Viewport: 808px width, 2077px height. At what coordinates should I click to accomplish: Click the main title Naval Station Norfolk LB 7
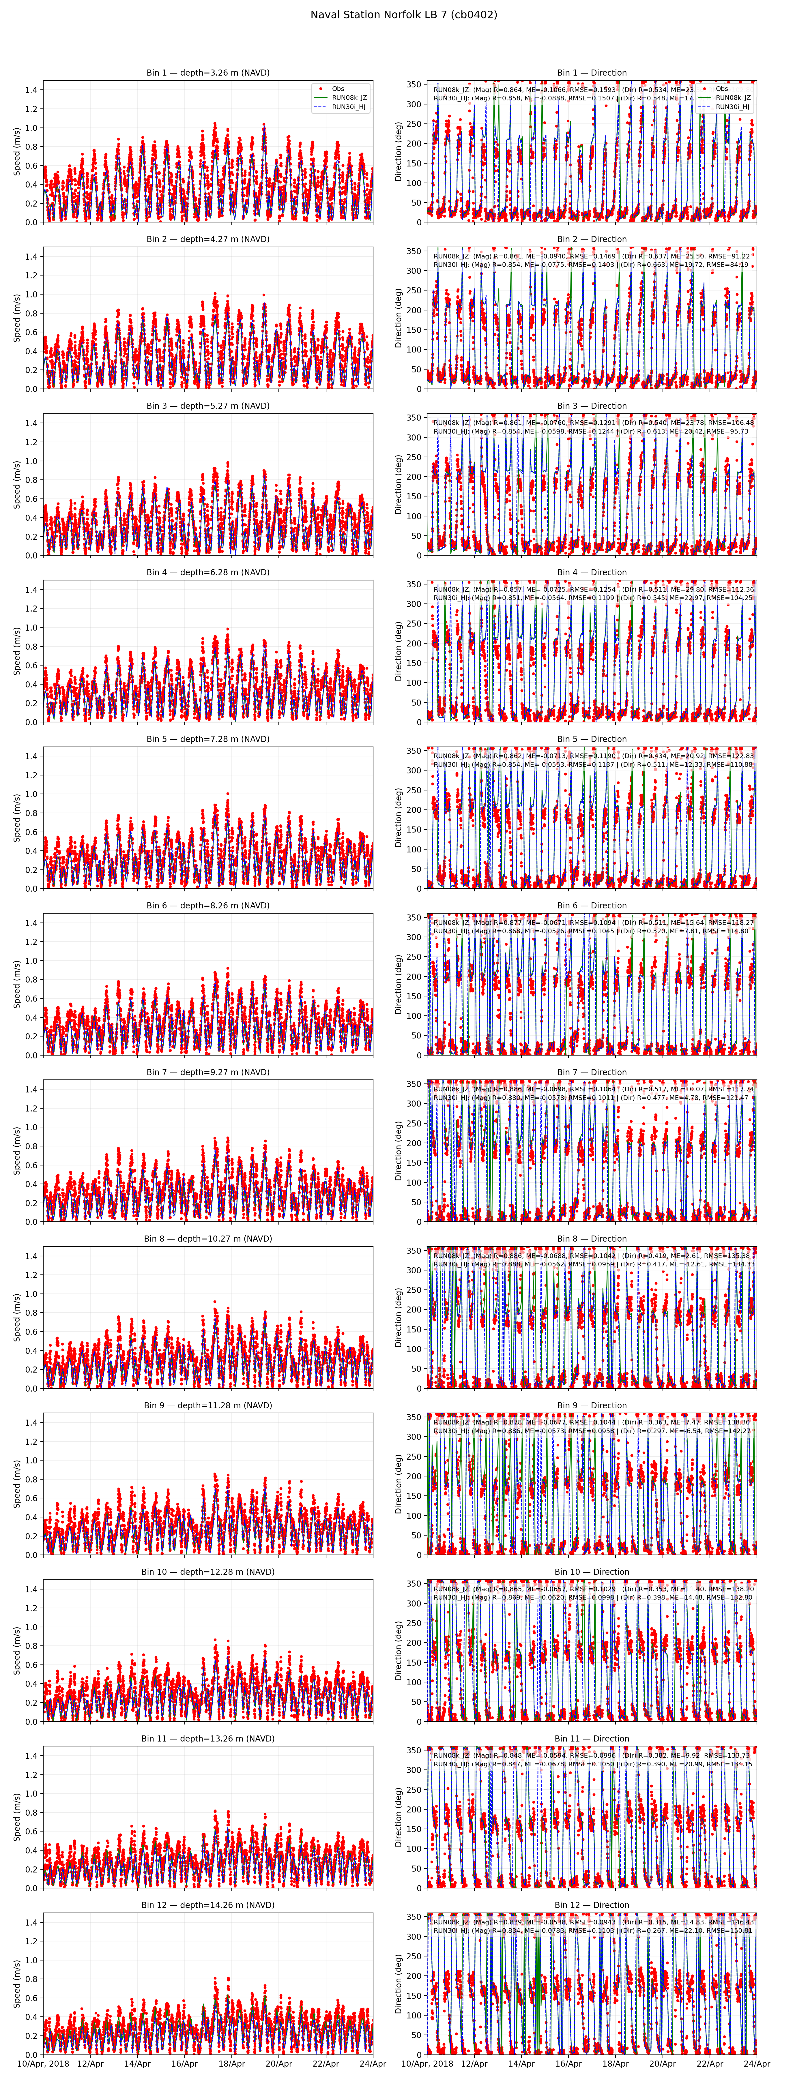[x=403, y=14]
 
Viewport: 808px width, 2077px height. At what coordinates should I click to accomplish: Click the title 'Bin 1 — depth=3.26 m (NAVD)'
[x=208, y=73]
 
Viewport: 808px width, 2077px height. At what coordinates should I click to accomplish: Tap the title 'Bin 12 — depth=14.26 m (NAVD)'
[x=208, y=1905]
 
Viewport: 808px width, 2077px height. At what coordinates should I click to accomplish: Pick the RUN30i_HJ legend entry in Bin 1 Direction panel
[x=732, y=106]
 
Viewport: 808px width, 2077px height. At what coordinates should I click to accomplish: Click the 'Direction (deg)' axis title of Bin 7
[x=398, y=1151]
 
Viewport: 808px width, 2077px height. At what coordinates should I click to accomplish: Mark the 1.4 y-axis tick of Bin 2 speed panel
[x=31, y=256]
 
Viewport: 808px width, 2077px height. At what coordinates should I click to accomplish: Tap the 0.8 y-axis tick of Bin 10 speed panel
[x=31, y=1646]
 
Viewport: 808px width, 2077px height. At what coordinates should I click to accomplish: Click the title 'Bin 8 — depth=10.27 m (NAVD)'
[x=208, y=1238]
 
